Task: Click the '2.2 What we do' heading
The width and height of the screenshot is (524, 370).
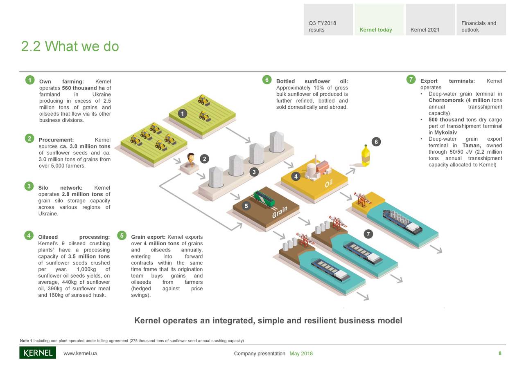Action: point(70,47)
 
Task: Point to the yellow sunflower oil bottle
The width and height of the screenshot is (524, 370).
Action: point(365,155)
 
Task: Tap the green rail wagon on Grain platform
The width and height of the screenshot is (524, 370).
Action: point(264,198)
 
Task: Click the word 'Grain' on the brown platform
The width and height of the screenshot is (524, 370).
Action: point(280,212)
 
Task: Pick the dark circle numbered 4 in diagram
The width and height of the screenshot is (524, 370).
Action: point(296,176)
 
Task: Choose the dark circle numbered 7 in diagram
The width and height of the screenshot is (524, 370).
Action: point(368,234)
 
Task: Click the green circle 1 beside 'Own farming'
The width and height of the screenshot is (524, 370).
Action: point(29,80)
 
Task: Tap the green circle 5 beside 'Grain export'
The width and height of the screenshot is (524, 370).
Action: point(122,235)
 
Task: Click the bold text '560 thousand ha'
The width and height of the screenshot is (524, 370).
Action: point(83,88)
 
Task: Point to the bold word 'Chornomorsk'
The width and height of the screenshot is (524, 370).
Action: point(446,100)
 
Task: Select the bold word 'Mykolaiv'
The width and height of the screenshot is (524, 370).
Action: point(445,132)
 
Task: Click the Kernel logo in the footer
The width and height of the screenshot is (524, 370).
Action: point(38,353)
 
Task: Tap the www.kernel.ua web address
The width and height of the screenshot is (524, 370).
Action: point(80,354)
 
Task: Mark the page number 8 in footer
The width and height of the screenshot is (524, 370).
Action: point(500,354)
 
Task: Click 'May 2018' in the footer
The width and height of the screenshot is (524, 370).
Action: point(301,354)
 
